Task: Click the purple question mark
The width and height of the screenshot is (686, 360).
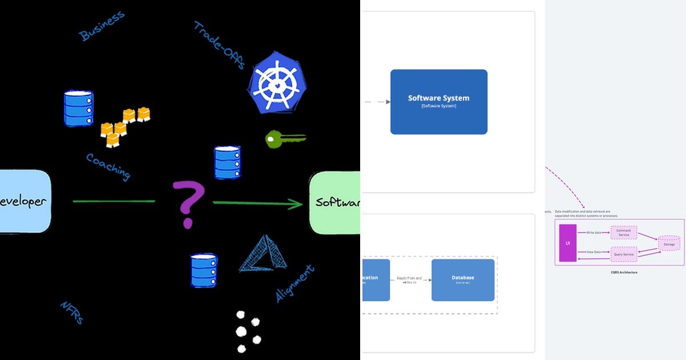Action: pos(188,203)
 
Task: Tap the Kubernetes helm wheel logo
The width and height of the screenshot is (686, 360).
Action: pos(277,82)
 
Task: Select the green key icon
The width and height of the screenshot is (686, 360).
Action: pos(284,139)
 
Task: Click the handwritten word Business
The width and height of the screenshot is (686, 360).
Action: pos(102,26)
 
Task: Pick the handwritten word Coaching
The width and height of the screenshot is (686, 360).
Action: pos(108,166)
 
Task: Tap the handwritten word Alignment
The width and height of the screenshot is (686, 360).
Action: pos(295,283)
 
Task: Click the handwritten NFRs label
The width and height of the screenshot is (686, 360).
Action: pos(72,313)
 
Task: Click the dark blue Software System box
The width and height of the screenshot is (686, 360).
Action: pos(438,102)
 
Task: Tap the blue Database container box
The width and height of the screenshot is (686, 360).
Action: pos(462,279)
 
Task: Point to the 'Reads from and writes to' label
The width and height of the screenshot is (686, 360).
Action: pos(409,280)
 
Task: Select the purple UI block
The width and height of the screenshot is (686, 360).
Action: pos(568,243)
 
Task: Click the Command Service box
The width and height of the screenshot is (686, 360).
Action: pos(624,233)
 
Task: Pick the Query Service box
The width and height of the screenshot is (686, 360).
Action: pos(624,254)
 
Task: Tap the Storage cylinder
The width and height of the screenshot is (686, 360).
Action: pos(669,243)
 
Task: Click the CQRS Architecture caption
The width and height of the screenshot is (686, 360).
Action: pos(624,273)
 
